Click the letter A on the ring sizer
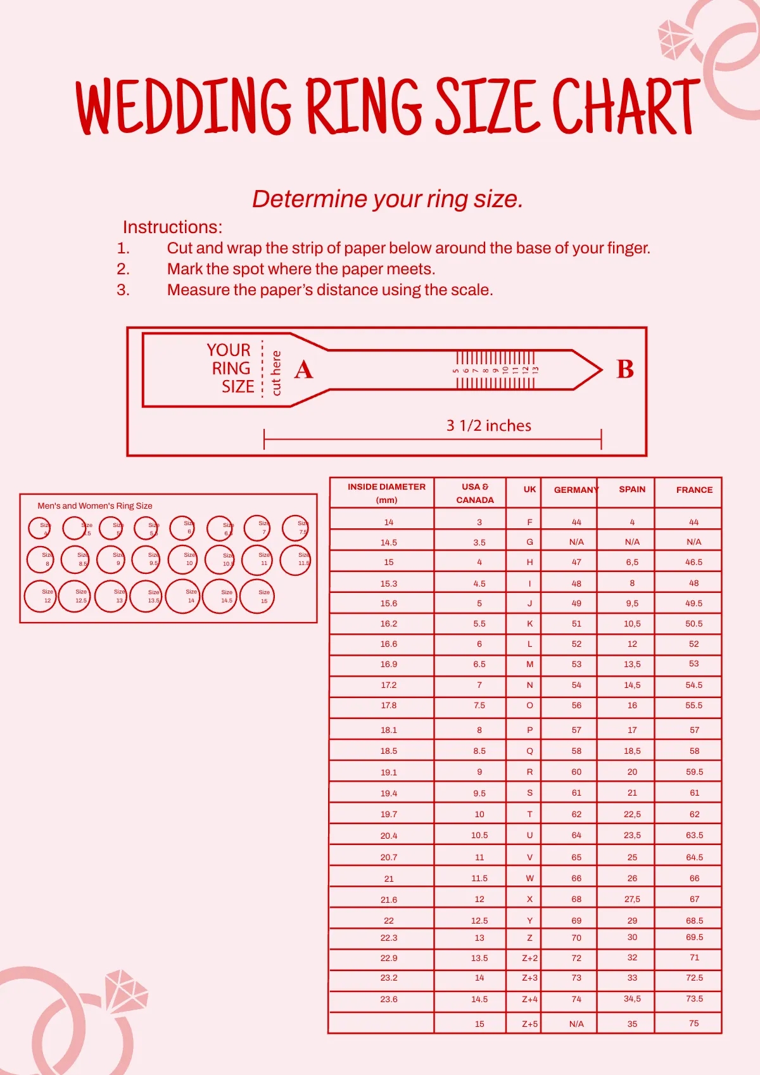[303, 369]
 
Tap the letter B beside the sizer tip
[624, 369]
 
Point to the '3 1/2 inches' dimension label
[488, 426]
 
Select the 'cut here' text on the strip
[275, 373]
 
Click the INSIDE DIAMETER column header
[386, 493]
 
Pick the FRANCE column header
[694, 490]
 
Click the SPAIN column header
[632, 489]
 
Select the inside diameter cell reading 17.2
[389, 685]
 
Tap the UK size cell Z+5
[529, 1024]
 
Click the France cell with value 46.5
[693, 562]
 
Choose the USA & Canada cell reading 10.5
[479, 835]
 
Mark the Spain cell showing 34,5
[632, 998]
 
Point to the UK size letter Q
[529, 751]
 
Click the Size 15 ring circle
[257, 597]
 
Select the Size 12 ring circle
[41, 597]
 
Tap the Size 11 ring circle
[257, 560]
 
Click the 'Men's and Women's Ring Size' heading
[95, 506]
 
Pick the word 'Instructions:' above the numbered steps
[172, 227]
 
